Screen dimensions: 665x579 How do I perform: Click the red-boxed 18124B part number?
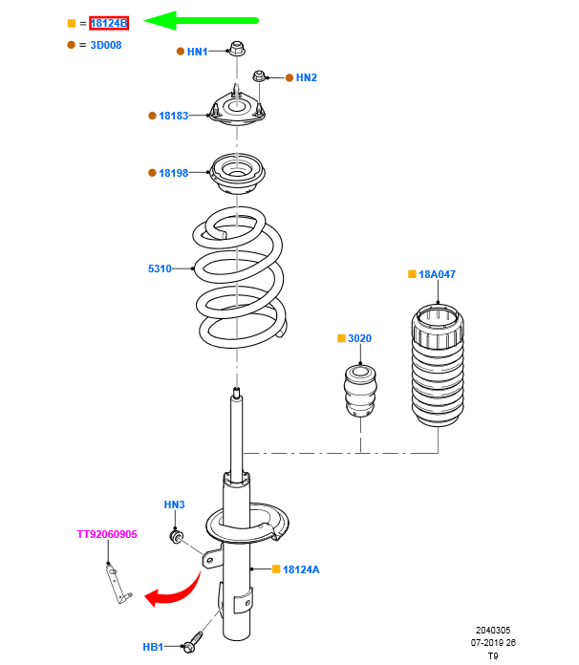[109, 23]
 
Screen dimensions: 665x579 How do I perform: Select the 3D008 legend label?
[106, 45]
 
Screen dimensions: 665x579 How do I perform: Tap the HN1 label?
[198, 52]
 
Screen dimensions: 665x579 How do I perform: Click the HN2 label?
[306, 77]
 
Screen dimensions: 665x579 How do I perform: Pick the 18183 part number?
[174, 116]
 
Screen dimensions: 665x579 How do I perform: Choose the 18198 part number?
[174, 173]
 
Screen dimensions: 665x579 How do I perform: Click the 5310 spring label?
[160, 268]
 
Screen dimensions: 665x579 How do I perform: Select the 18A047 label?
[439, 274]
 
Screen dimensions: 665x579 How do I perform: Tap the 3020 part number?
[359, 338]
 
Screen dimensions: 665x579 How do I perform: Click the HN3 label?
[174, 504]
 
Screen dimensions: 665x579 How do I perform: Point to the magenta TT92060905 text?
[107, 534]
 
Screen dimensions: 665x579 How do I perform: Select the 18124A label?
[301, 569]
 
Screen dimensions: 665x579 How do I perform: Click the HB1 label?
[153, 647]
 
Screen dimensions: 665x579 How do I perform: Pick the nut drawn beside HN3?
[176, 537]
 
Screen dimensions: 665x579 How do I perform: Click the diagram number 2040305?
[493, 631]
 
